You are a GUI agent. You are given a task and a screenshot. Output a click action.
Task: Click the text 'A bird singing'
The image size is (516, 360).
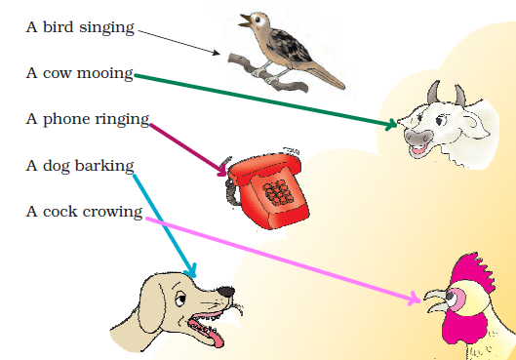tap(80, 27)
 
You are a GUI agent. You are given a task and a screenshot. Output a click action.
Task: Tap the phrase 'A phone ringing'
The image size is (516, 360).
tap(87, 119)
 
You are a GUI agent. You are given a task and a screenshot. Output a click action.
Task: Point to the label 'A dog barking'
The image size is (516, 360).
tap(79, 165)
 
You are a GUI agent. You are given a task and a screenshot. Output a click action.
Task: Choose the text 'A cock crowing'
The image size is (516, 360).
tap(84, 211)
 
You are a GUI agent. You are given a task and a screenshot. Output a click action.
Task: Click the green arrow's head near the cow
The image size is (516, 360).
tap(393, 124)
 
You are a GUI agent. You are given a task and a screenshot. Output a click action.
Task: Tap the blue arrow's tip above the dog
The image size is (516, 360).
tap(192, 272)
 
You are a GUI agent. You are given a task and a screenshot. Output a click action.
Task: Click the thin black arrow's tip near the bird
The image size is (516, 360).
tap(221, 54)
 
